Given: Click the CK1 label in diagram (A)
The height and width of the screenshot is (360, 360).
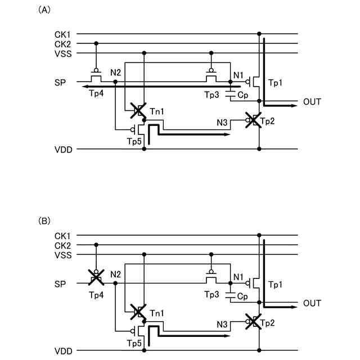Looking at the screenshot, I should coord(62,34).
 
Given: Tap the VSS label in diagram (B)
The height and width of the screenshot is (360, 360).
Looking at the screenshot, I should coord(62,255).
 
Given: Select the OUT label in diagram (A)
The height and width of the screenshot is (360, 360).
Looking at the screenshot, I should coord(312,102).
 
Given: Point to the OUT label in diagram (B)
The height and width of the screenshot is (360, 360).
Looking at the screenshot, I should coord(312,303).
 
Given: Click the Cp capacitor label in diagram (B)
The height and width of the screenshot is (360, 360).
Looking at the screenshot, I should coord(243,296).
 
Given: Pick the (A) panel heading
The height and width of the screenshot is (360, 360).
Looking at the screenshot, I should coord(43,10).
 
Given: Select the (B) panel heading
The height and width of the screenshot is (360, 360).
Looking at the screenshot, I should coord(43,222).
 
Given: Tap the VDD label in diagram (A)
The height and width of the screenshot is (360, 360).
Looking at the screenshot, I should coord(62,150).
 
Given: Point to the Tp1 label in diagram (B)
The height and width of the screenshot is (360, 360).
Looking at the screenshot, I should coord(276,285).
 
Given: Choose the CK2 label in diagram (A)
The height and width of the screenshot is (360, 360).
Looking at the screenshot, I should coord(62,43).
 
